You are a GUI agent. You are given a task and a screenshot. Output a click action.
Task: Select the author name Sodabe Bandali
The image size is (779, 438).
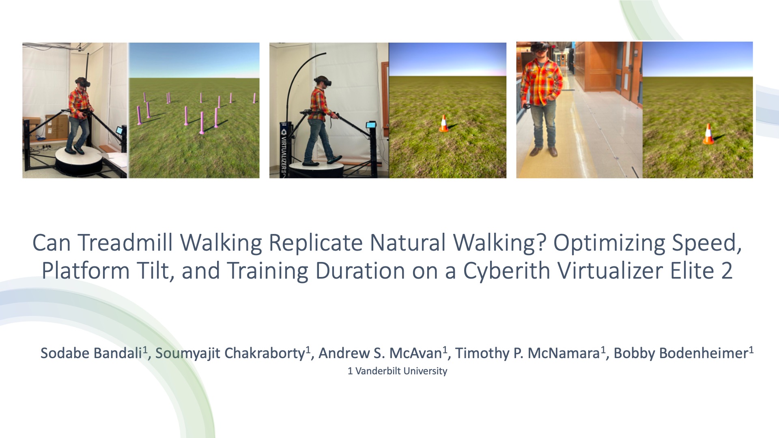click(91, 353)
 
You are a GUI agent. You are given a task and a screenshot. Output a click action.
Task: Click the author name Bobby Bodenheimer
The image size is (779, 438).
click(681, 353)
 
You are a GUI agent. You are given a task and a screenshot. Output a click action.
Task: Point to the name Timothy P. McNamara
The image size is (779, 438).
click(527, 353)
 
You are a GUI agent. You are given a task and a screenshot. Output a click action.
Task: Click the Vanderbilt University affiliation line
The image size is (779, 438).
click(397, 371)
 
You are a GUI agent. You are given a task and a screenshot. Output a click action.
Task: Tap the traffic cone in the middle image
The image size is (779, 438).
click(444, 124)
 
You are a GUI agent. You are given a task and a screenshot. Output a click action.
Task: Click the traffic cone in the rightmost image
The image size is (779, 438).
click(708, 134)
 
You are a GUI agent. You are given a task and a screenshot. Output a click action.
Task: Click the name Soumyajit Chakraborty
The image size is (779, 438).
click(230, 353)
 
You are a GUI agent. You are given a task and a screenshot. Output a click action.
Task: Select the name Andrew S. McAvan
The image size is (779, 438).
click(380, 353)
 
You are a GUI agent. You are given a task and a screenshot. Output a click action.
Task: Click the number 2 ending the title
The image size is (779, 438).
click(727, 271)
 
